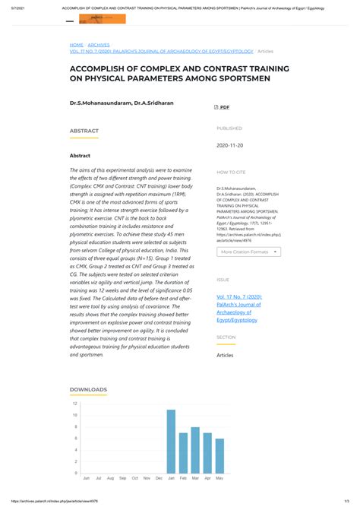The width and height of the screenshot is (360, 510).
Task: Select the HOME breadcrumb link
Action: pyautogui.click(x=77, y=45)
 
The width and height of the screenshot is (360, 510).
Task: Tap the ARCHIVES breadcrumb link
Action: pyautogui.click(x=99, y=45)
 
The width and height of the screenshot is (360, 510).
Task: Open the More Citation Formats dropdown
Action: pyautogui.click(x=248, y=251)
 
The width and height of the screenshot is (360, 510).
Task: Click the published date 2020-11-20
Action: pyautogui.click(x=229, y=144)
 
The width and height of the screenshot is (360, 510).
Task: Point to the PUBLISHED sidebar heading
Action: pyautogui.click(x=229, y=128)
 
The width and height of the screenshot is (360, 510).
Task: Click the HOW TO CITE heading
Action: pyautogui.click(x=231, y=173)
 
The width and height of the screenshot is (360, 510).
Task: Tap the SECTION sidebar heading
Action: pyautogui.click(x=226, y=337)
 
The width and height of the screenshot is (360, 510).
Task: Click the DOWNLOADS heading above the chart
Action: pyautogui.click(x=88, y=389)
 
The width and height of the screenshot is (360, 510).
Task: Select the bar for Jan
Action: pyautogui.click(x=171, y=442)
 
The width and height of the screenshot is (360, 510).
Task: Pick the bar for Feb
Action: pyautogui.click(x=183, y=453)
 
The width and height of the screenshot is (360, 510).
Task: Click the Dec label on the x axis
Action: pyautogui.click(x=159, y=478)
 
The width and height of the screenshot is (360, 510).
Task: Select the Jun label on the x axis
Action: pyautogui.click(x=86, y=478)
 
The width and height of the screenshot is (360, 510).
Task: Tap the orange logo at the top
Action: pyautogui.click(x=103, y=19)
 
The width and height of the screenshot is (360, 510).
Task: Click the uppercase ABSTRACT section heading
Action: pyautogui.click(x=84, y=131)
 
